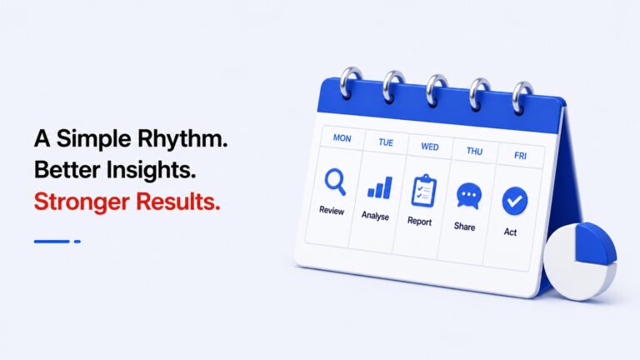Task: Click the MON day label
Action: pyautogui.click(x=342, y=138)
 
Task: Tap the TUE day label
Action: pyautogui.click(x=386, y=142)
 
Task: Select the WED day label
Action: pyautogui.click(x=430, y=147)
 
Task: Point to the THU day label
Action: pyautogui.click(x=474, y=152)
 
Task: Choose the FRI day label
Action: pyautogui.click(x=520, y=156)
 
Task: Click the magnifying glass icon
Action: pyautogui.click(x=336, y=182)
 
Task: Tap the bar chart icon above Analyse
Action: pyautogui.click(x=380, y=187)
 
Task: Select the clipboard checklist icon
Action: pyautogui.click(x=423, y=191)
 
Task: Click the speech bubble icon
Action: pyautogui.click(x=469, y=197)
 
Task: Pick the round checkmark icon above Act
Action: pyautogui.click(x=515, y=201)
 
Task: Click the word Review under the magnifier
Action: pyautogui.click(x=332, y=210)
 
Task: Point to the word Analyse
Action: pyautogui.click(x=375, y=216)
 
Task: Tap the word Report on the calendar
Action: pyautogui.click(x=420, y=221)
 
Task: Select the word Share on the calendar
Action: pyautogui.click(x=464, y=227)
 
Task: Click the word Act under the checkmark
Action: pyautogui.click(x=510, y=232)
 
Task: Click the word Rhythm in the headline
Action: pyautogui.click(x=182, y=139)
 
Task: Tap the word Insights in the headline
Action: pyautogui.click(x=151, y=170)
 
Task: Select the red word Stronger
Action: pyautogui.click(x=82, y=202)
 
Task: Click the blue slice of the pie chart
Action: pyautogui.click(x=595, y=243)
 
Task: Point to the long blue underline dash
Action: pyautogui.click(x=52, y=242)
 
